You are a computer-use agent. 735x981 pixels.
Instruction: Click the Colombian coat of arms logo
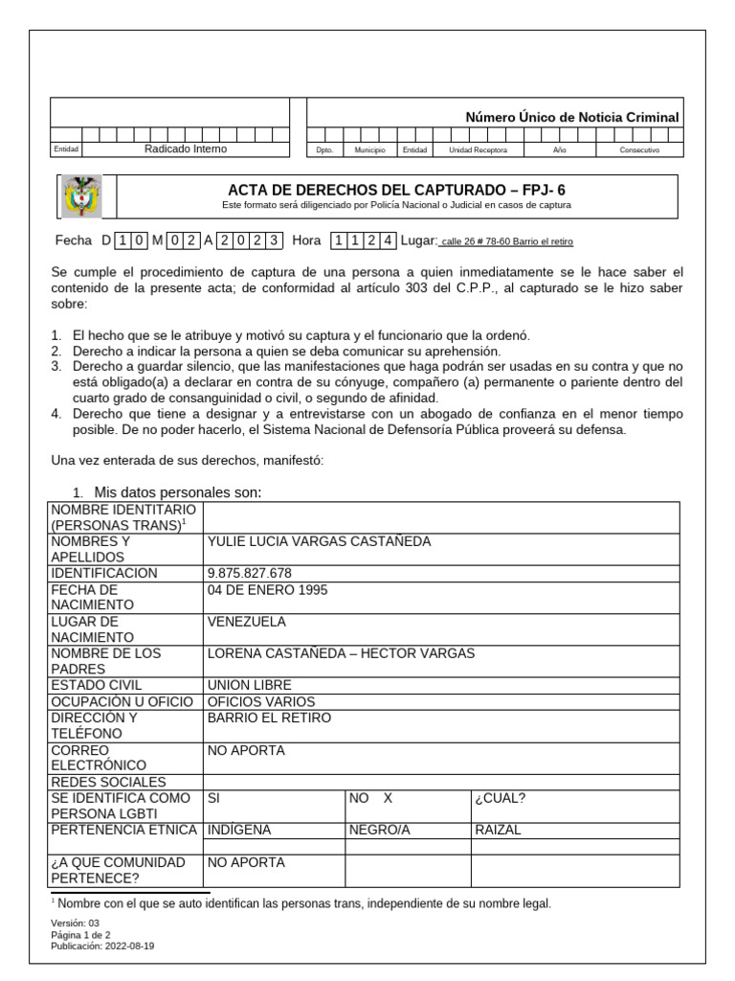tap(81, 197)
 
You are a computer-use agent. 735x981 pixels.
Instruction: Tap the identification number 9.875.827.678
tap(249, 573)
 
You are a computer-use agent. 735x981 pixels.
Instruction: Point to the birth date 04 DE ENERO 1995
tap(267, 589)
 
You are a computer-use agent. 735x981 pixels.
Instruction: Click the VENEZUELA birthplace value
tap(246, 622)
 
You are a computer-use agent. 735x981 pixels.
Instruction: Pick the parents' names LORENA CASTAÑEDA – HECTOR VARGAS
tap(341, 653)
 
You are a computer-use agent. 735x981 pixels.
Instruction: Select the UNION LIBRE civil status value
tap(249, 685)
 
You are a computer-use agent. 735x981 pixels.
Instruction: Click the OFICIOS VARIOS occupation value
tap(255, 701)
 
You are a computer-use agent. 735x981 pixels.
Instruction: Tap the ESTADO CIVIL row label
tap(96, 685)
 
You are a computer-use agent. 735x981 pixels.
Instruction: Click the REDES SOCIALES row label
tap(108, 782)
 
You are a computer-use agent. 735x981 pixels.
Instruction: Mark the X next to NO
tap(388, 797)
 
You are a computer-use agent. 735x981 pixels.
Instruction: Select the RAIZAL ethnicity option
tap(498, 830)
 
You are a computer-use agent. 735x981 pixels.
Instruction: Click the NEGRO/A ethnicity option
tap(379, 830)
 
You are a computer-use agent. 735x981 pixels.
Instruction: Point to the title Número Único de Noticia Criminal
tap(571, 117)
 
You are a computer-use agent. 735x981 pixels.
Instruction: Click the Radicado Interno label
tap(186, 148)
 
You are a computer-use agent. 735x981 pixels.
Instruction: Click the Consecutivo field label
tap(639, 150)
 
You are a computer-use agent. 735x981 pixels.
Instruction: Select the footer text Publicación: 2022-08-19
tap(102, 945)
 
